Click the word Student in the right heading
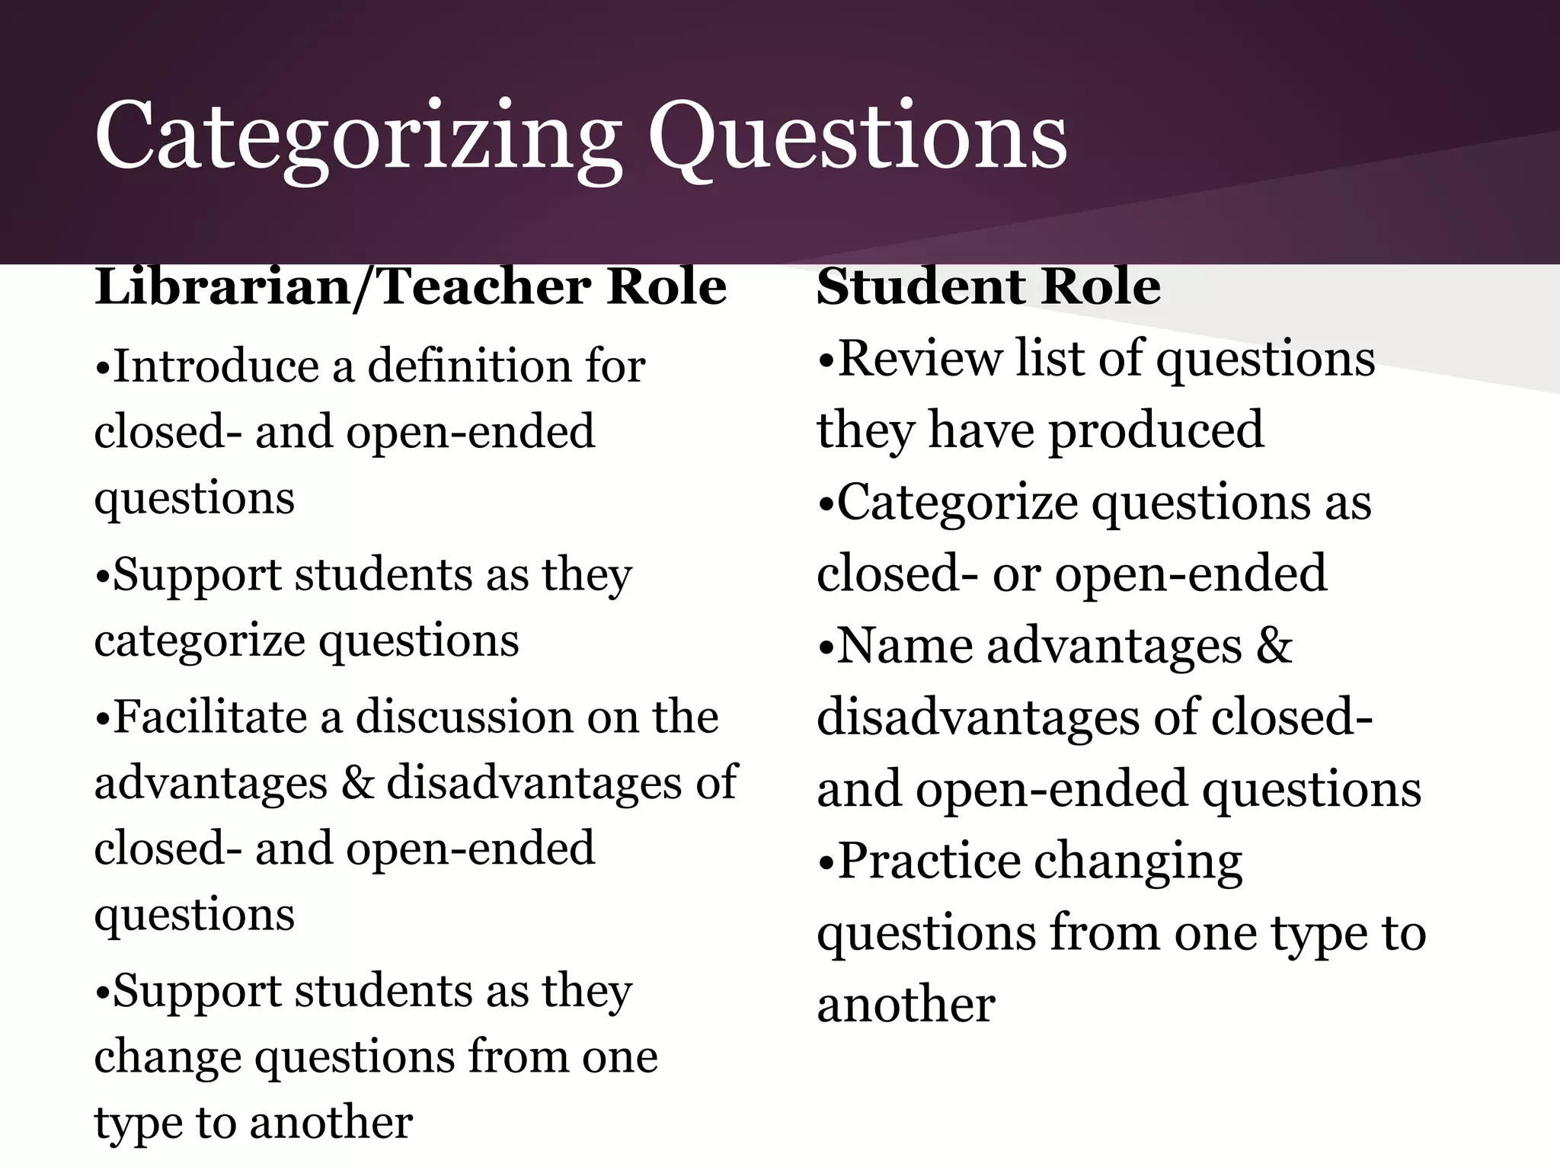coord(922,287)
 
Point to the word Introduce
coord(217,366)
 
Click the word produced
coord(1157,430)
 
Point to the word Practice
coord(929,862)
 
